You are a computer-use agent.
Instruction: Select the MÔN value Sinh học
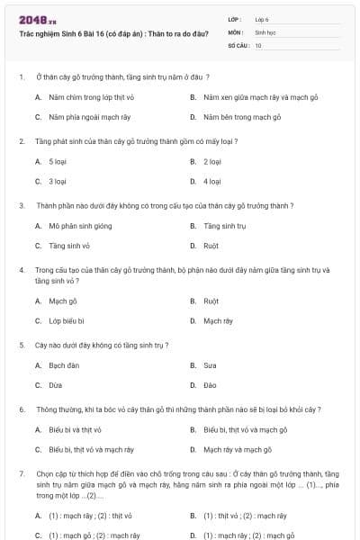265,31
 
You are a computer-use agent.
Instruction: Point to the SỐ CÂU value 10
258,44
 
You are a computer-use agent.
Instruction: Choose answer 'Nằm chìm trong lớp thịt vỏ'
91,97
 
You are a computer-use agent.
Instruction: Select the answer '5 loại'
58,161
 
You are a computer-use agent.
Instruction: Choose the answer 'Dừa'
56,385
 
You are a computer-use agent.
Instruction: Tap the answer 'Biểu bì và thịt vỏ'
75,429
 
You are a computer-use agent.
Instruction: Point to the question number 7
22,472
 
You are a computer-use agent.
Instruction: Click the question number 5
22,345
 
